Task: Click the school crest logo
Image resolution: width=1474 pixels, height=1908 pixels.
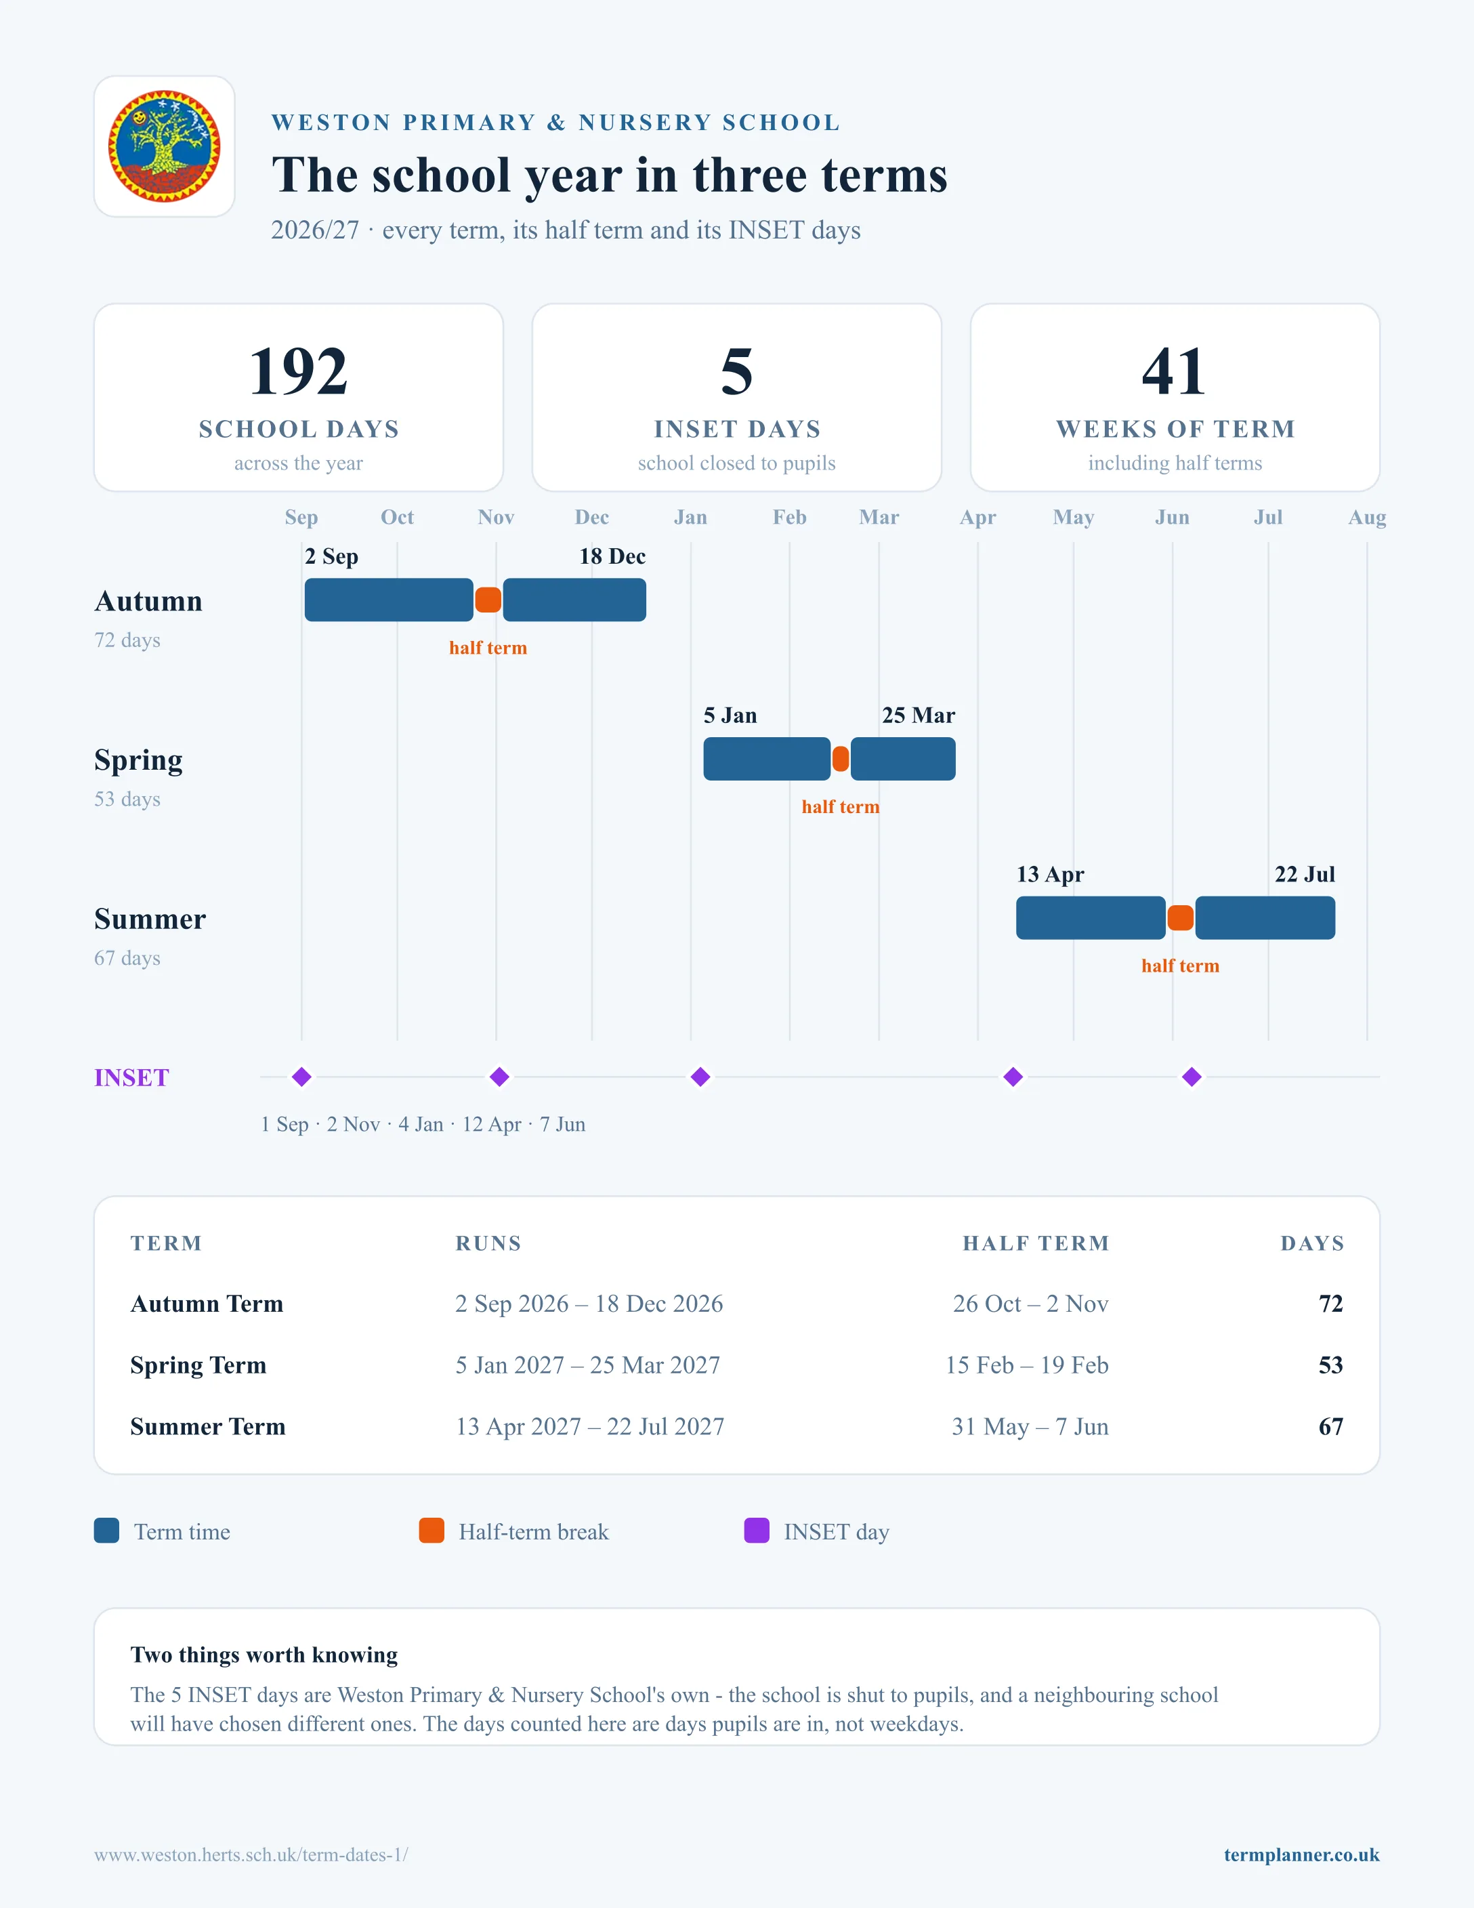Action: click(x=164, y=146)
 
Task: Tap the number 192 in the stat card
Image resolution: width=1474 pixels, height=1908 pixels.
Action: click(x=299, y=371)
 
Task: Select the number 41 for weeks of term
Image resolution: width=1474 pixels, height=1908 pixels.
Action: click(x=1175, y=371)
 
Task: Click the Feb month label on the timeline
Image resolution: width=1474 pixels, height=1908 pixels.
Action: click(x=789, y=517)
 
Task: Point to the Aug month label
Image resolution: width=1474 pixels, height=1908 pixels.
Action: click(x=1366, y=517)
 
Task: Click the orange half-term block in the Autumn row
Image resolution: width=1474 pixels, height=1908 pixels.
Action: click(x=488, y=600)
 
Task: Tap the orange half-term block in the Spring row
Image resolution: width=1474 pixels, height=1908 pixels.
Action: click(x=840, y=759)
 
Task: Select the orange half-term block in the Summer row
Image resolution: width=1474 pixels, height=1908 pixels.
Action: click(x=1181, y=918)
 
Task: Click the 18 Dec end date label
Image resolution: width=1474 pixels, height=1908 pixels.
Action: click(x=612, y=556)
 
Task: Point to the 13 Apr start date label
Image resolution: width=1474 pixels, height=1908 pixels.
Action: click(x=1049, y=875)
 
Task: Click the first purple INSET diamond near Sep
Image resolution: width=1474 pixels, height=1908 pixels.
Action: click(x=301, y=1077)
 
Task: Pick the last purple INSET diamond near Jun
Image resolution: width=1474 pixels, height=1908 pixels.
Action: click(x=1192, y=1077)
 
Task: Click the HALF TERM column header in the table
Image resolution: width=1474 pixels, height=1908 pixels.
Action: click(x=1036, y=1243)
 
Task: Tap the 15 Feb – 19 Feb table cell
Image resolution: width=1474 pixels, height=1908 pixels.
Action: click(x=1027, y=1365)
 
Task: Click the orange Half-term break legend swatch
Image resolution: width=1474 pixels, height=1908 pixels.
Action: click(x=431, y=1531)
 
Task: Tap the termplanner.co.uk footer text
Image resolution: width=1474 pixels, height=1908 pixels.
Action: click(x=1301, y=1854)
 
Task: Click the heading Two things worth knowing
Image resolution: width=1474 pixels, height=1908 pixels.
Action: click(x=264, y=1655)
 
